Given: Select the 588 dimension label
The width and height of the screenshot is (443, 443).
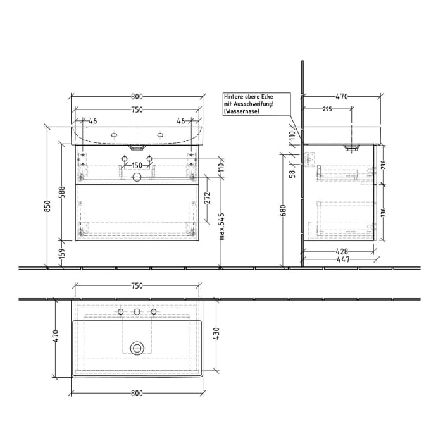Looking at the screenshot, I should coord(62,192).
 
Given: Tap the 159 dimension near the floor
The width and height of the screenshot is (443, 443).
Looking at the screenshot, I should coord(62,254).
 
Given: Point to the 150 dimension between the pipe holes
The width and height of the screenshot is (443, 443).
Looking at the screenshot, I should coord(136,166).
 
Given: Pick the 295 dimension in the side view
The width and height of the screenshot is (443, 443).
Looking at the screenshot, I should coord(327,109).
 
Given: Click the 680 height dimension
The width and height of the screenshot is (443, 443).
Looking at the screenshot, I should coord(283,209).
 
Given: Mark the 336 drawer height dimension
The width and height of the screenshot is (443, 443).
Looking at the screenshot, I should coord(384,213).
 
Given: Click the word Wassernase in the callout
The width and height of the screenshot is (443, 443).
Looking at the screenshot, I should coord(240,111).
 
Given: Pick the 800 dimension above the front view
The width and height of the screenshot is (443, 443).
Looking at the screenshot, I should coord(137,97).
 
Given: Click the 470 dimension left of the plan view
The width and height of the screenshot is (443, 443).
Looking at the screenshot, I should coord(56,336).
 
